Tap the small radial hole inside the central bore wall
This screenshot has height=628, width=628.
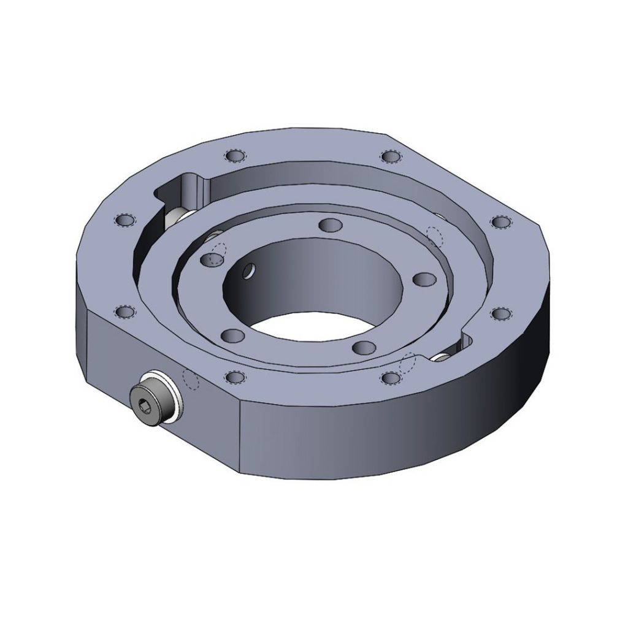(250, 270)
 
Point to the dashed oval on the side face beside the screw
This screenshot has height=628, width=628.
(192, 380)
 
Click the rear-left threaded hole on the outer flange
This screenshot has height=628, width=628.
(234, 156)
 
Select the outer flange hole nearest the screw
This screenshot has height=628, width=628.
(233, 376)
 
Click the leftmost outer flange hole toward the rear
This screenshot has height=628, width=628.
(125, 220)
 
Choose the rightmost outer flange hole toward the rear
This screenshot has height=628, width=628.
(500, 221)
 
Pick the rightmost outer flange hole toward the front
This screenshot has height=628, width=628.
(500, 314)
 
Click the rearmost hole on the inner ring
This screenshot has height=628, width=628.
(330, 224)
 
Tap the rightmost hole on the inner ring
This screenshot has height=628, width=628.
(423, 279)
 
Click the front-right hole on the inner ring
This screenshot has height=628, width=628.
(363, 347)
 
